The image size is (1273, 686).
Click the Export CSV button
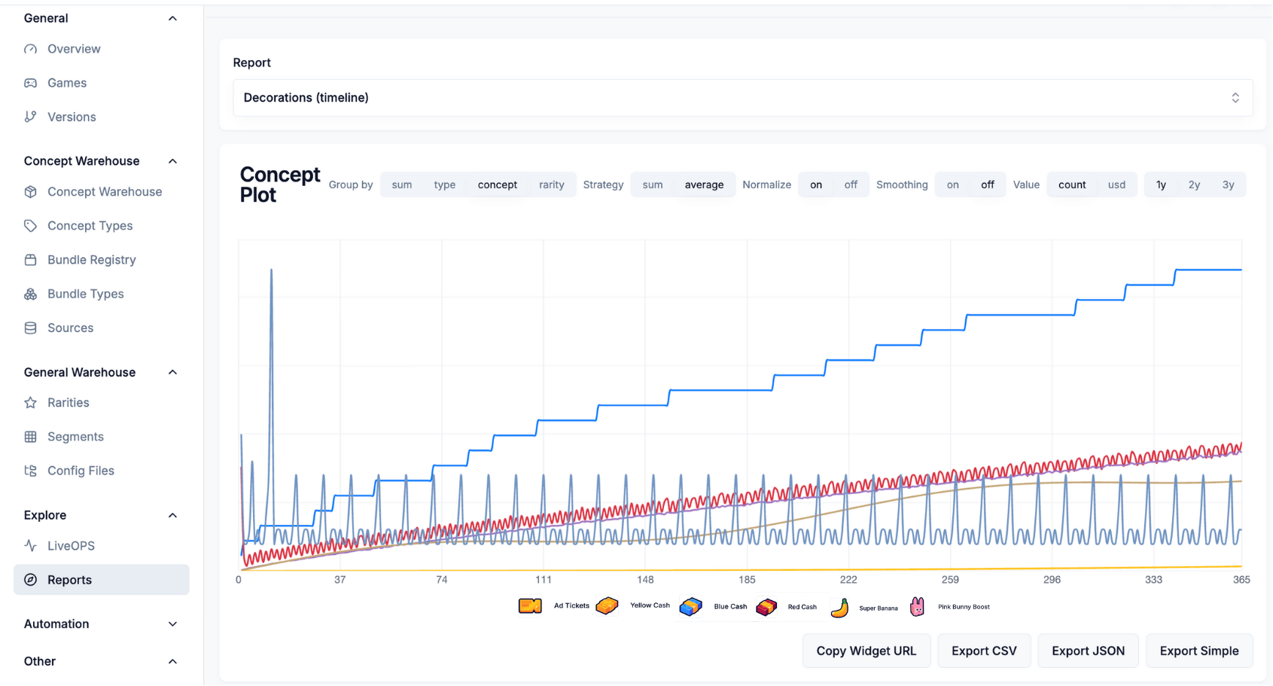coord(983,651)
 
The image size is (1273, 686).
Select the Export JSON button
coord(1088,651)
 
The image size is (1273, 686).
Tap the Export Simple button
coord(1198,651)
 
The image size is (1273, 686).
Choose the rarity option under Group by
coord(551,184)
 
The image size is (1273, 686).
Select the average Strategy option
coord(704,184)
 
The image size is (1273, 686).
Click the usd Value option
coord(1116,184)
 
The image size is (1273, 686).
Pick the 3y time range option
coord(1228,184)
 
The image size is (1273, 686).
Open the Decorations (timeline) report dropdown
coord(742,98)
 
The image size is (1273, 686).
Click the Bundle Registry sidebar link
coord(91,260)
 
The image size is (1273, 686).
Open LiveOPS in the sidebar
coord(71,546)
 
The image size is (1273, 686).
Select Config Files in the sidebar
coord(81,471)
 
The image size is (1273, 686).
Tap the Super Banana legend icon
coord(840,607)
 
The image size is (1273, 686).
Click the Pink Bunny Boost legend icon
coord(917,606)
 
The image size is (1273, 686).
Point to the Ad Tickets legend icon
coord(530,605)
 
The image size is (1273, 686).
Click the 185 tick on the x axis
coord(747,580)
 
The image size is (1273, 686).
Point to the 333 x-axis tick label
coord(1153,580)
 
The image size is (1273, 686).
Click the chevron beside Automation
coord(172,624)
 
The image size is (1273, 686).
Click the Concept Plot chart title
coord(279,184)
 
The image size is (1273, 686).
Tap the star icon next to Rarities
coord(31,403)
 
